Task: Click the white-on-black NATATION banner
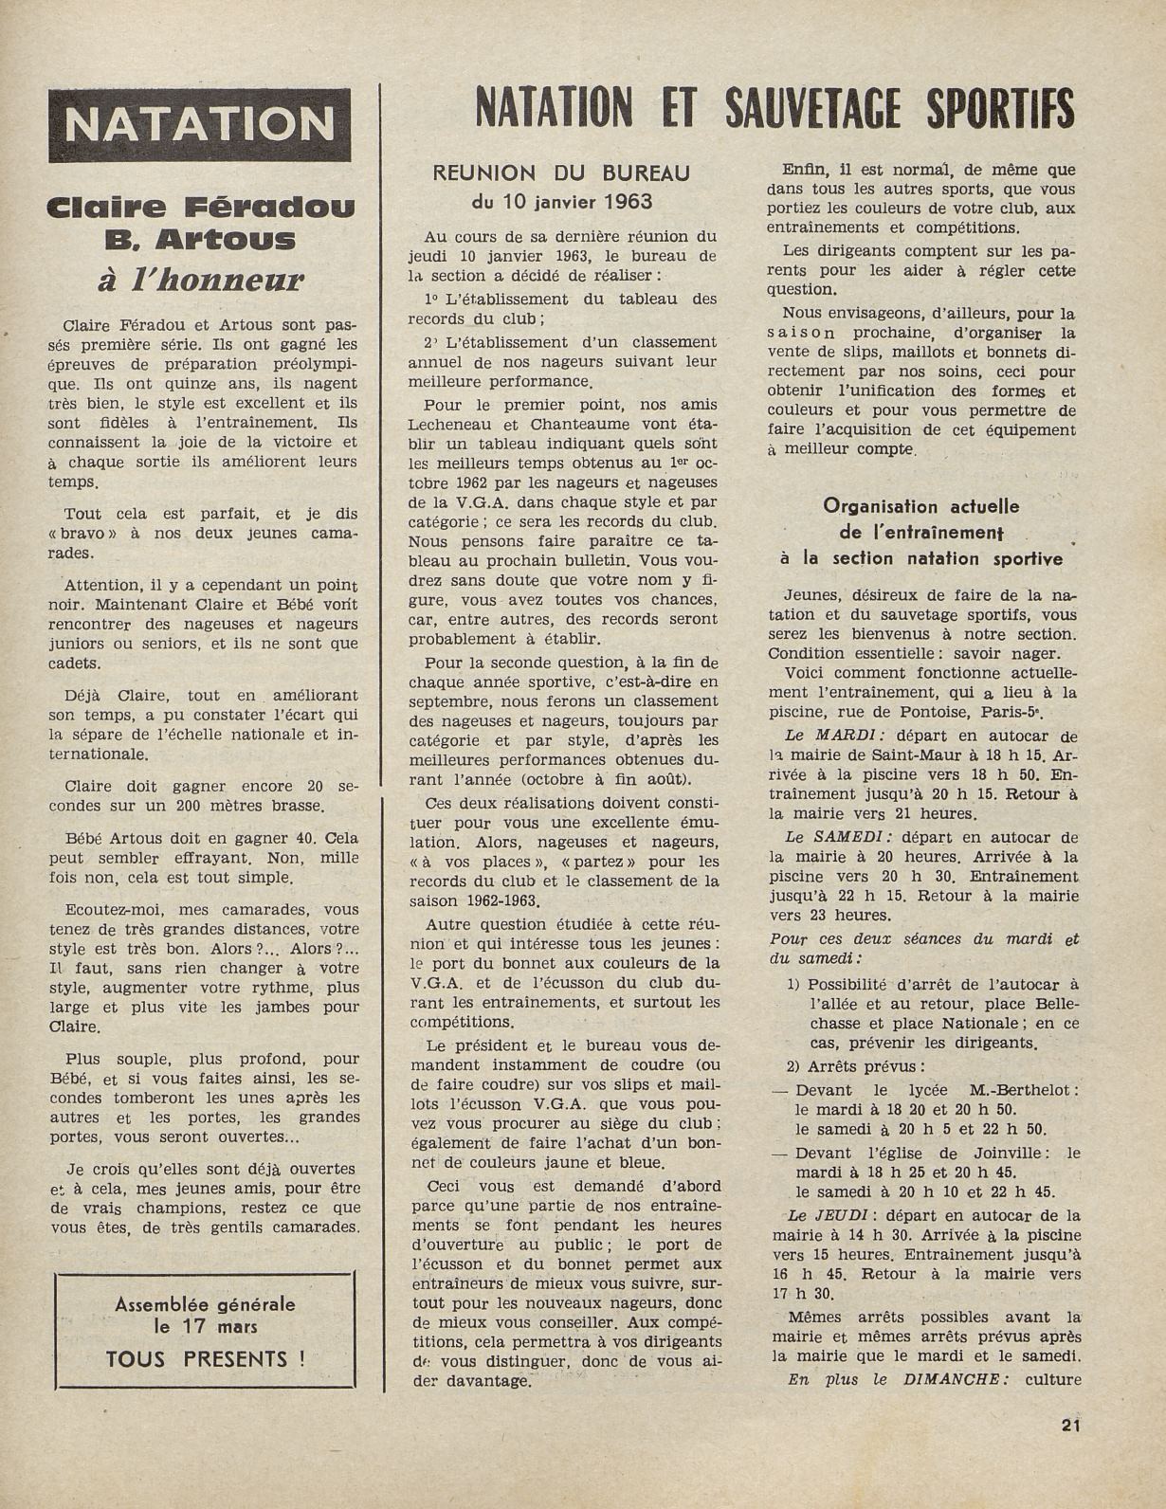[x=200, y=125]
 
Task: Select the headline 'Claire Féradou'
[x=200, y=208]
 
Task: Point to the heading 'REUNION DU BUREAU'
[x=561, y=173]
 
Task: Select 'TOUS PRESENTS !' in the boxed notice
[x=206, y=1358]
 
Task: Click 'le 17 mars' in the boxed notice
[x=206, y=1325]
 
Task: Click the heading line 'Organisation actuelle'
[x=920, y=507]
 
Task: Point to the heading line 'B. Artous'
[x=200, y=240]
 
